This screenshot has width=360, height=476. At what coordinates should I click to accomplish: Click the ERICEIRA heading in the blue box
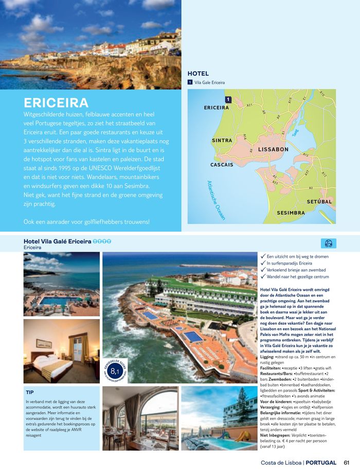pyautogui.click(x=56, y=102)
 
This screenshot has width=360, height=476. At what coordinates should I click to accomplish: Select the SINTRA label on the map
pyautogui.click(x=222, y=140)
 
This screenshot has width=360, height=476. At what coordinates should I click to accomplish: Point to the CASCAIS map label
pyautogui.click(x=222, y=165)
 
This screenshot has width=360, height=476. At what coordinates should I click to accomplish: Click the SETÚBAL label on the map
pyautogui.click(x=319, y=201)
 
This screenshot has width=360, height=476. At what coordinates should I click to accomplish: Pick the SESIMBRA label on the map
pyautogui.click(x=291, y=213)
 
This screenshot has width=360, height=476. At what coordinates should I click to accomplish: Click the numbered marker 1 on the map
pyautogui.click(x=227, y=99)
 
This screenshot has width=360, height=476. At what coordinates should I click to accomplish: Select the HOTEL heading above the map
pyautogui.click(x=198, y=74)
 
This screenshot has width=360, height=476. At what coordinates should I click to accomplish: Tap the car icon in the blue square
pyautogui.click(x=328, y=243)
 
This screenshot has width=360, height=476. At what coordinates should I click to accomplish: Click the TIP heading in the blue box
pyautogui.click(x=30, y=392)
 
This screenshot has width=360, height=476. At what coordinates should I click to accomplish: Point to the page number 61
pyautogui.click(x=347, y=462)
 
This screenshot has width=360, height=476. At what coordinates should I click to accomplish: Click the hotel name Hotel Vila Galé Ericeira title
pyautogui.click(x=58, y=241)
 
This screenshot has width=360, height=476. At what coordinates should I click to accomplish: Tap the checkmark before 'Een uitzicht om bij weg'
pyautogui.click(x=263, y=256)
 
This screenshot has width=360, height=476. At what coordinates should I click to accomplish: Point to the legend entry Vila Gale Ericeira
pyautogui.click(x=209, y=82)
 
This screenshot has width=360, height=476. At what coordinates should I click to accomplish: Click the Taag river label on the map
pyautogui.click(x=295, y=132)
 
